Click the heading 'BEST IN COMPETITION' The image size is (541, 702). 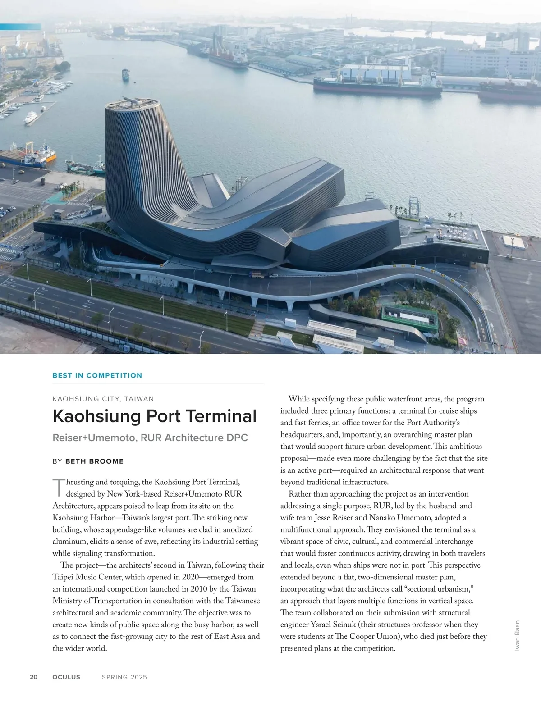click(97, 375)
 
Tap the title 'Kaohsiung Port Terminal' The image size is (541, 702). click(155, 416)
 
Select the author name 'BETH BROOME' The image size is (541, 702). click(94, 461)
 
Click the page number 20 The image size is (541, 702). click(34, 677)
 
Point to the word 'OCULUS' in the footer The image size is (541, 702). click(66, 677)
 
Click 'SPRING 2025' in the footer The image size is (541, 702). click(124, 677)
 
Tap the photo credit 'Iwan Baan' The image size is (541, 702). click(517, 635)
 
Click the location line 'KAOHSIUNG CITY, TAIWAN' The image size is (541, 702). click(103, 399)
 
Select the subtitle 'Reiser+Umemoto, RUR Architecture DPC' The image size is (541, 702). click(150, 438)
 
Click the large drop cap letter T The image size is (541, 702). click(59, 487)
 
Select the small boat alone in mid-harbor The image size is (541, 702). click(125, 75)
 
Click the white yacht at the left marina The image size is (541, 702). click(31, 118)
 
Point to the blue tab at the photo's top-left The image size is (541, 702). click(20, 27)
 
